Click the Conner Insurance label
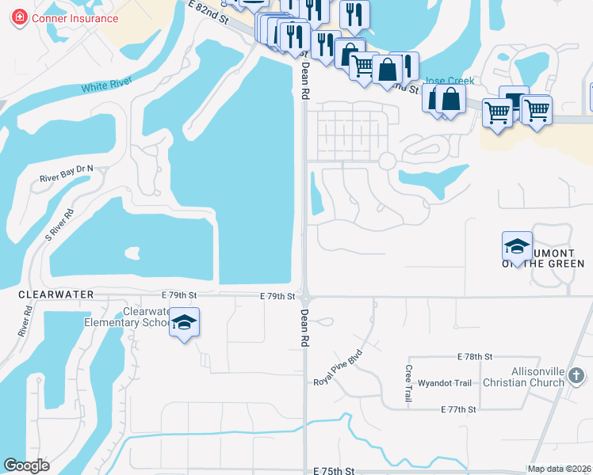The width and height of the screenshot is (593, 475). tap(75, 18)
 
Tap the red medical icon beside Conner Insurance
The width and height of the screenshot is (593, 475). tap(19, 18)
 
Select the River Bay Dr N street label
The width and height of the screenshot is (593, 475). tap(67, 173)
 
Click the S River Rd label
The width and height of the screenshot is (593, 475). tap(59, 225)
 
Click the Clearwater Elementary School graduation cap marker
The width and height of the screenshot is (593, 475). tap(184, 323)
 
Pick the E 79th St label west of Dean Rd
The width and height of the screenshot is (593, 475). tap(178, 294)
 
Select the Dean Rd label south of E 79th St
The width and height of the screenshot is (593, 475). tap(304, 327)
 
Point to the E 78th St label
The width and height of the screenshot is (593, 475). tap(475, 357)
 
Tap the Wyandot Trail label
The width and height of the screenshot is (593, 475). tap(445, 383)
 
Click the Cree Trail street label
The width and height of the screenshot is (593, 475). tap(408, 382)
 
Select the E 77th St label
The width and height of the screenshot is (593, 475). tap(458, 409)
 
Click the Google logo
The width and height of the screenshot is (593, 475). tap(27, 465)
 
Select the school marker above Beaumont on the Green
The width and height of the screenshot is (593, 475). tap(517, 246)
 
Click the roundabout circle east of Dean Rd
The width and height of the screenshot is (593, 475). tap(387, 161)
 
